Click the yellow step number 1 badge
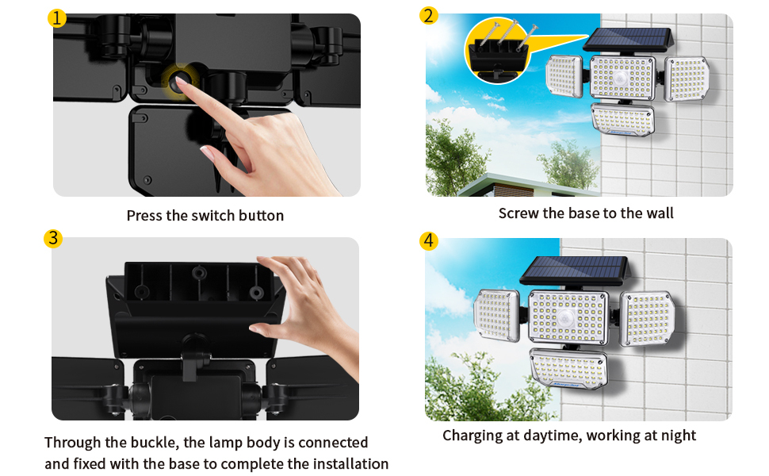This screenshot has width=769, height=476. [56, 19]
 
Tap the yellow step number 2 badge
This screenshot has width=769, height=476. [428, 16]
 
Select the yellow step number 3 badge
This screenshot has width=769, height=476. [53, 239]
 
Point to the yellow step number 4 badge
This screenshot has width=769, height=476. [429, 241]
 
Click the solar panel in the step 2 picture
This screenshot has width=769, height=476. [627, 39]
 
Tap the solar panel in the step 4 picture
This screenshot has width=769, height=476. [575, 270]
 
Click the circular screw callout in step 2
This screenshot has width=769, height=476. [497, 52]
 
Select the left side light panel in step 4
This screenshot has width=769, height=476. [496, 315]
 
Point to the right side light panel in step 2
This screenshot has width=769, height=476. [687, 79]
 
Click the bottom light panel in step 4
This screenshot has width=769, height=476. [569, 369]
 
